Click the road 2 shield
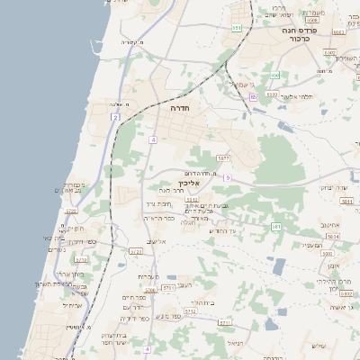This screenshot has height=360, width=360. coord(115,117)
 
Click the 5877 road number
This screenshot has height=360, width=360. coord(223,158)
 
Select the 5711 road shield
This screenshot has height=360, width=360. coord(226,321)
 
